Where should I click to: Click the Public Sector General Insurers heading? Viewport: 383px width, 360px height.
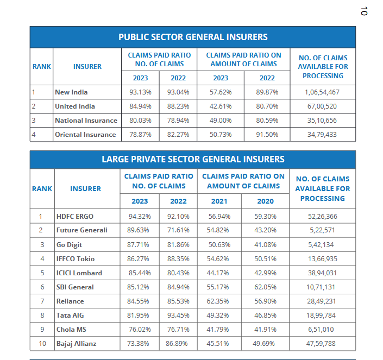tap(193, 37)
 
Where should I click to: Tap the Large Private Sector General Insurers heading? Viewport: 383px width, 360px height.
tap(193, 159)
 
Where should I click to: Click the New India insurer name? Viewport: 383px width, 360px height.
tap(71, 92)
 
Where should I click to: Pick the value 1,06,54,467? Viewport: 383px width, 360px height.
tap(322, 92)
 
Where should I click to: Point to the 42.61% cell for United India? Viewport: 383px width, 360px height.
tap(221, 106)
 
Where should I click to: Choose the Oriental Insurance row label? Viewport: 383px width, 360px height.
tap(85, 135)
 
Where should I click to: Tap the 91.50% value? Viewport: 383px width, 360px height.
tap(267, 135)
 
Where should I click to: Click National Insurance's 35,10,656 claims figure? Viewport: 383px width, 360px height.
tap(322, 121)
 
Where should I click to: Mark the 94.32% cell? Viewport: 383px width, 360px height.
tap(140, 217)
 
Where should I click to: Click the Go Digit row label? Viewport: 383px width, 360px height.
tap(70, 245)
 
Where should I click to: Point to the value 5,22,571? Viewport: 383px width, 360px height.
tap(323, 231)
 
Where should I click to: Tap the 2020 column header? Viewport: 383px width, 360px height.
tap(266, 201)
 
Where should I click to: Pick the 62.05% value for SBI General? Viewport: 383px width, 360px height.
tap(266, 287)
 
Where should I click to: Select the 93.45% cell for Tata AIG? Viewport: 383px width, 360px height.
tap(178, 315)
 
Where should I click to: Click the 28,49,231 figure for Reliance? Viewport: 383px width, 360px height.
tap(323, 301)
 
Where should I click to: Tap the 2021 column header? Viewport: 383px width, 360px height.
tap(219, 201)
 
